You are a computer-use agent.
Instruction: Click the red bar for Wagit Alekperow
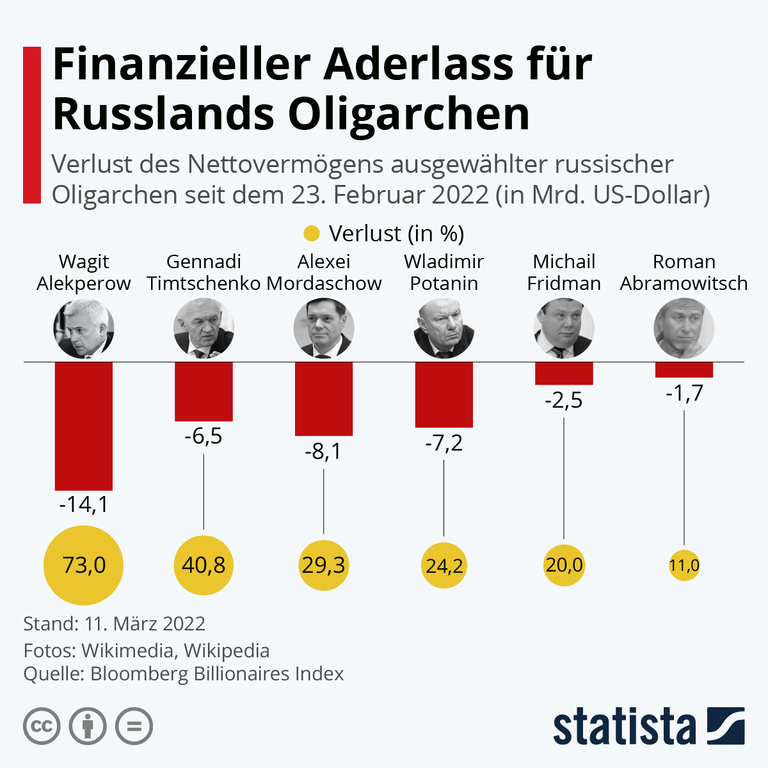[x=84, y=426]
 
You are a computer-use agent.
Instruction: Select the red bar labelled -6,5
[x=204, y=392]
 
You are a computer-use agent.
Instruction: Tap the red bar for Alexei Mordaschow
[x=324, y=399]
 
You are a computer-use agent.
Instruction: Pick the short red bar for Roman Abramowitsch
[x=684, y=369]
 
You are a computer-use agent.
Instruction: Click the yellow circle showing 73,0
[x=84, y=565]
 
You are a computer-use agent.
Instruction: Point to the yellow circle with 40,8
[x=204, y=565]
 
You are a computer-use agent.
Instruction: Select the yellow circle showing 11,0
[x=684, y=565]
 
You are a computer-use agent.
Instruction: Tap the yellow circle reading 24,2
[x=444, y=565]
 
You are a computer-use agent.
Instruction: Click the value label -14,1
[x=84, y=504]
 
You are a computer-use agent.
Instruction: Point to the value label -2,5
[x=564, y=400]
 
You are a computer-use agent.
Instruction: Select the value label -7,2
[x=444, y=443]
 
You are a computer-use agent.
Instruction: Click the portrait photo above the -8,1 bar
[x=324, y=328]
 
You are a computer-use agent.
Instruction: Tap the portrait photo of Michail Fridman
[x=564, y=328]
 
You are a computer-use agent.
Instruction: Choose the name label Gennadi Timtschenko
[x=204, y=273]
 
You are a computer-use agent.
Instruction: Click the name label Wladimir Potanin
[x=444, y=273]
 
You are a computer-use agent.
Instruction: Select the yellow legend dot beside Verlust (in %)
[x=311, y=234]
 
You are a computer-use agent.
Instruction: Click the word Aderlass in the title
[x=418, y=64]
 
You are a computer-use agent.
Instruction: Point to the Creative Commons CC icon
[x=42, y=726]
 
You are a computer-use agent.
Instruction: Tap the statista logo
[x=649, y=726]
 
